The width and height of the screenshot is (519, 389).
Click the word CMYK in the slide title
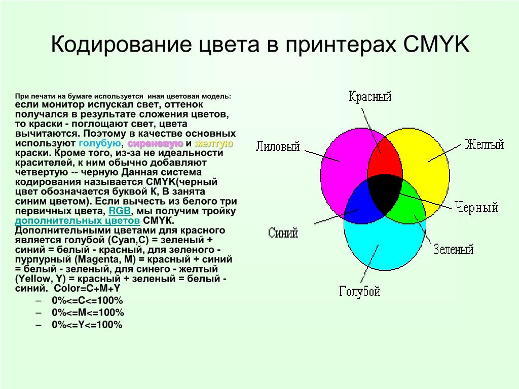click(436, 44)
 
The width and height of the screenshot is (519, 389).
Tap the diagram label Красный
click(370, 96)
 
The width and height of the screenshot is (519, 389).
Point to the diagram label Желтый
click(484, 144)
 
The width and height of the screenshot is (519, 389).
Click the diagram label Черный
click(476, 207)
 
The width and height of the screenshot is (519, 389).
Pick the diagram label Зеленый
click(453, 249)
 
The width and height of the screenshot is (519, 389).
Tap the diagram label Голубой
click(359, 291)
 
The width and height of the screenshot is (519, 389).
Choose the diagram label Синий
click(283, 233)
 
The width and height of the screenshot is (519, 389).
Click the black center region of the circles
click(384, 194)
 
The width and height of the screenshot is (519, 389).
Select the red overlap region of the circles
click(385, 159)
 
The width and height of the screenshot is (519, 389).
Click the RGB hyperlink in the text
click(120, 211)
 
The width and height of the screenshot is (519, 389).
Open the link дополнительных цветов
click(78, 221)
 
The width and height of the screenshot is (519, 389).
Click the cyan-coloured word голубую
click(100, 143)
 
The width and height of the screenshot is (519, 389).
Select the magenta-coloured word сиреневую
click(155, 143)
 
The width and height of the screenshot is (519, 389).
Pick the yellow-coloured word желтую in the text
click(213, 143)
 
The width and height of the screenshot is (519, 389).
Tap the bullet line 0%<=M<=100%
click(88, 313)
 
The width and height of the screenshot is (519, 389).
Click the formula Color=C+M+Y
click(87, 288)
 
